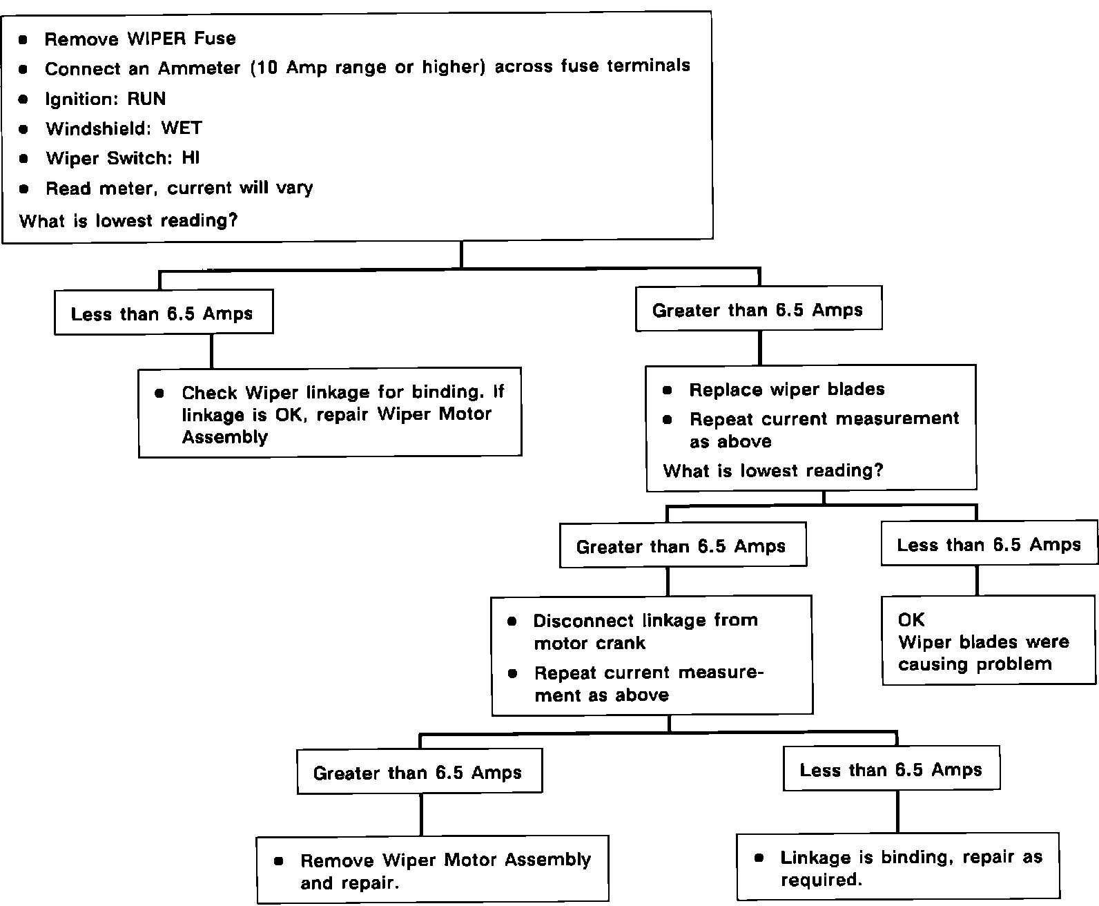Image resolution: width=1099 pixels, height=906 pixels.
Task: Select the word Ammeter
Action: (200, 68)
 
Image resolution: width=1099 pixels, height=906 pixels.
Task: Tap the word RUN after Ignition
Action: (146, 99)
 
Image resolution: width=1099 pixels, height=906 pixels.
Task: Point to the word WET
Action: (182, 128)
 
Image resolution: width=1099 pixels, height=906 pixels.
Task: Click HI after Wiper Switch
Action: (191, 158)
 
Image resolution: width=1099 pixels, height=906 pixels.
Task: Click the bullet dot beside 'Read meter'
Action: (24, 189)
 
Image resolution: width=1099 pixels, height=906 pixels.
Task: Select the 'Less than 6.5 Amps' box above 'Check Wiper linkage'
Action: (163, 314)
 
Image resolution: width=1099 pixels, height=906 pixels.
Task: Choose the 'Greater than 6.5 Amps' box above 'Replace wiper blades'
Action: (758, 311)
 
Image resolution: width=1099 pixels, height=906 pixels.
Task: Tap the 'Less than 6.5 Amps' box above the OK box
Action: (989, 545)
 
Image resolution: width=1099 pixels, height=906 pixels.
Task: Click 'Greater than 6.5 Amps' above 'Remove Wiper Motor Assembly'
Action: (418, 773)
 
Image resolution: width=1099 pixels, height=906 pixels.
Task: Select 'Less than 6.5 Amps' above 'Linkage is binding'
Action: (891, 770)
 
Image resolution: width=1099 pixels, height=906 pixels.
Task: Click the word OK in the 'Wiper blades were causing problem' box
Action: (911, 619)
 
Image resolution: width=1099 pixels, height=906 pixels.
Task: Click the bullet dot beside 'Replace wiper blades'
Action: (667, 390)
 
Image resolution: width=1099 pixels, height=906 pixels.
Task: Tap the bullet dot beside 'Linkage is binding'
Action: (759, 858)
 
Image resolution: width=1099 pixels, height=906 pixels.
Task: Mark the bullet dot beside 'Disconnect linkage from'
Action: (512, 621)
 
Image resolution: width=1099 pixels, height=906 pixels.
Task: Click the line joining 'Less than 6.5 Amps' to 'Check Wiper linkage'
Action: (211, 351)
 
